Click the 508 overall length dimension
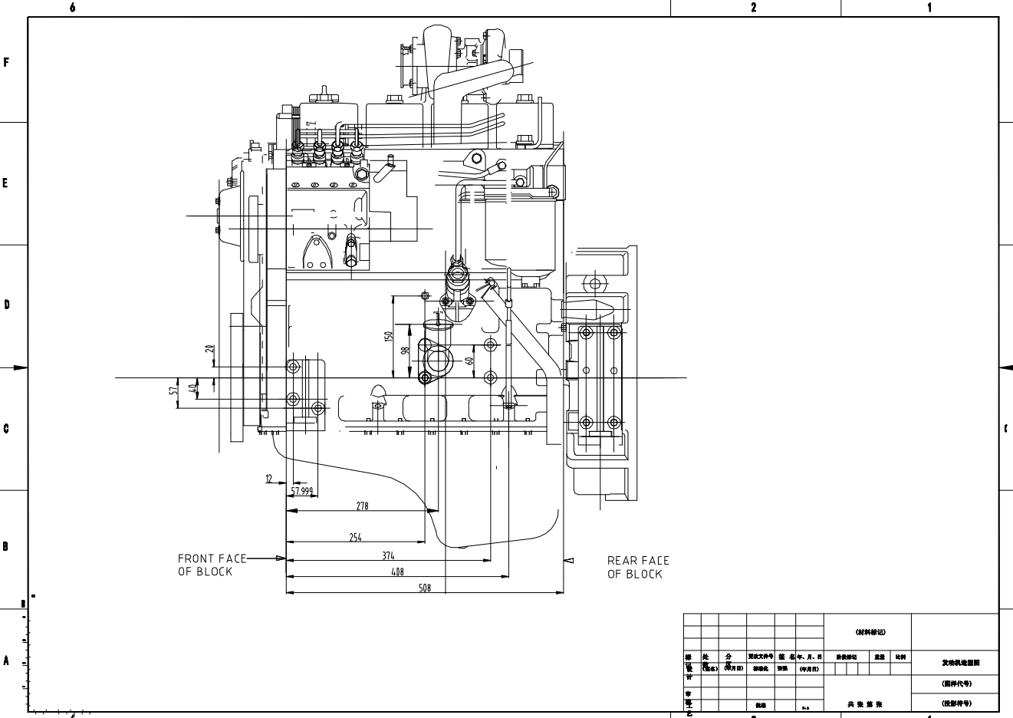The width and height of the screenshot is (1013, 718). [424, 588]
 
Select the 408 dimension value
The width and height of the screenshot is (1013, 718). [396, 571]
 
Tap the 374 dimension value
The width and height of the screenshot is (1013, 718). [388, 555]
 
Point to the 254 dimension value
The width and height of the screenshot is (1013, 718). [355, 538]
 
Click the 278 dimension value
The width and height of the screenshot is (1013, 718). [362, 506]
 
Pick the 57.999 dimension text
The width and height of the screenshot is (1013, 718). [301, 491]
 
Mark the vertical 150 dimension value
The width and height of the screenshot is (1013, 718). [389, 336]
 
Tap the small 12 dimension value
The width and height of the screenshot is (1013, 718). [269, 479]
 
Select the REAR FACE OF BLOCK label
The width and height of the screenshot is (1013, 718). [638, 567]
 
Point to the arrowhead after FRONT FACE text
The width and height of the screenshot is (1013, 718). [281, 558]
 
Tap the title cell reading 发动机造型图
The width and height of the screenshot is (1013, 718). [955, 662]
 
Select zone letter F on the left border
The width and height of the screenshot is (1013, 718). [7, 62]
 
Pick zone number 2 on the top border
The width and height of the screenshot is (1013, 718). [754, 8]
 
